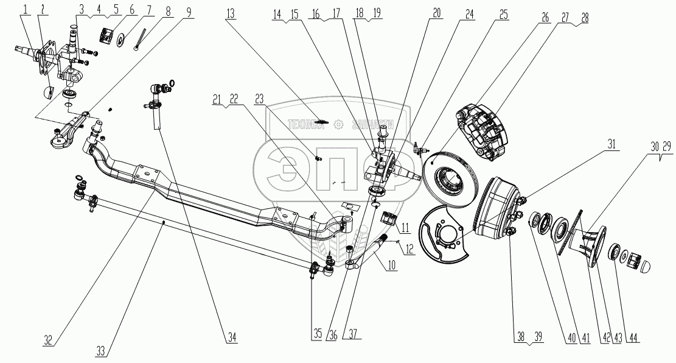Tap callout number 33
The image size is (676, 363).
[x=102, y=351]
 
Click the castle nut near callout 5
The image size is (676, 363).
[x=110, y=37]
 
